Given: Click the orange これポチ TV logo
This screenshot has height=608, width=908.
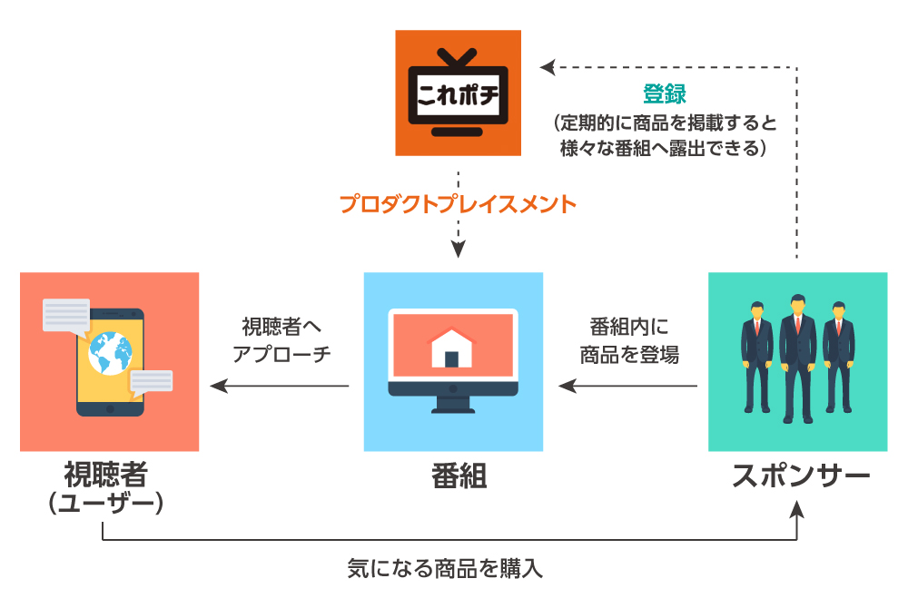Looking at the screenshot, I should (x=458, y=93).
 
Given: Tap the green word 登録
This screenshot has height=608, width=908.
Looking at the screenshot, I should (x=665, y=93).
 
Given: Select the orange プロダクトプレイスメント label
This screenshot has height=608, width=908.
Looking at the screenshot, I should (x=458, y=204).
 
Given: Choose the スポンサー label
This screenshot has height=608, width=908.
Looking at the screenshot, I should (x=801, y=476).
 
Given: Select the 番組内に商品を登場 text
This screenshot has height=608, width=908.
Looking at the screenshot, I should (x=628, y=339).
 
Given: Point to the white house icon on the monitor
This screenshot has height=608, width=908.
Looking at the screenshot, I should (x=451, y=348).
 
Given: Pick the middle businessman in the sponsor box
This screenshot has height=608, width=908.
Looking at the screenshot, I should (x=797, y=356).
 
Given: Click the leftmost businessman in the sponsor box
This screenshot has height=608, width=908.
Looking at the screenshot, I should (x=756, y=361).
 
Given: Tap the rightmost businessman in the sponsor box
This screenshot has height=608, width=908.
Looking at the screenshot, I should (x=838, y=361).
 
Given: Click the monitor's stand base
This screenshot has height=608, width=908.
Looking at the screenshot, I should (x=451, y=408).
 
